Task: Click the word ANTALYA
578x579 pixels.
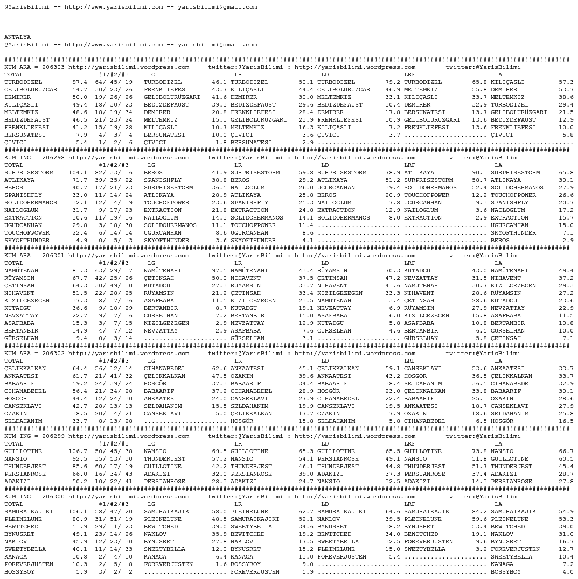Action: [17, 37]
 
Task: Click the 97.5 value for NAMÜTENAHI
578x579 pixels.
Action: [219, 271]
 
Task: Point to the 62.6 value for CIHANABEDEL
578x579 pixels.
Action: [219, 369]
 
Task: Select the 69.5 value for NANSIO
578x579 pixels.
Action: [219, 451]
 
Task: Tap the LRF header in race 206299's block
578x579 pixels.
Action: [410, 444]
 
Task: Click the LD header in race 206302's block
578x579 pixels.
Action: [325, 361]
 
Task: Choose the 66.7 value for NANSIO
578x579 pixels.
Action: [566, 451]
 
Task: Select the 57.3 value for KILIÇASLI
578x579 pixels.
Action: [566, 82]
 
